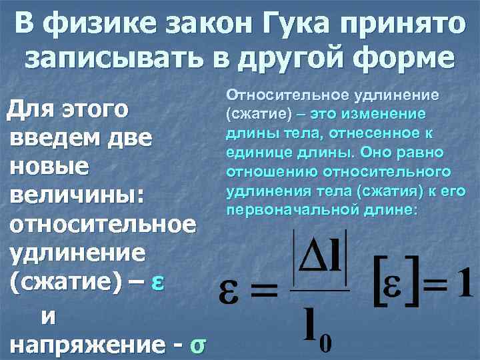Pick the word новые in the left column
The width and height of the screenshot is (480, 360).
pos(50,167)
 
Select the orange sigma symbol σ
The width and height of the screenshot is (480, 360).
pos(197,345)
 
